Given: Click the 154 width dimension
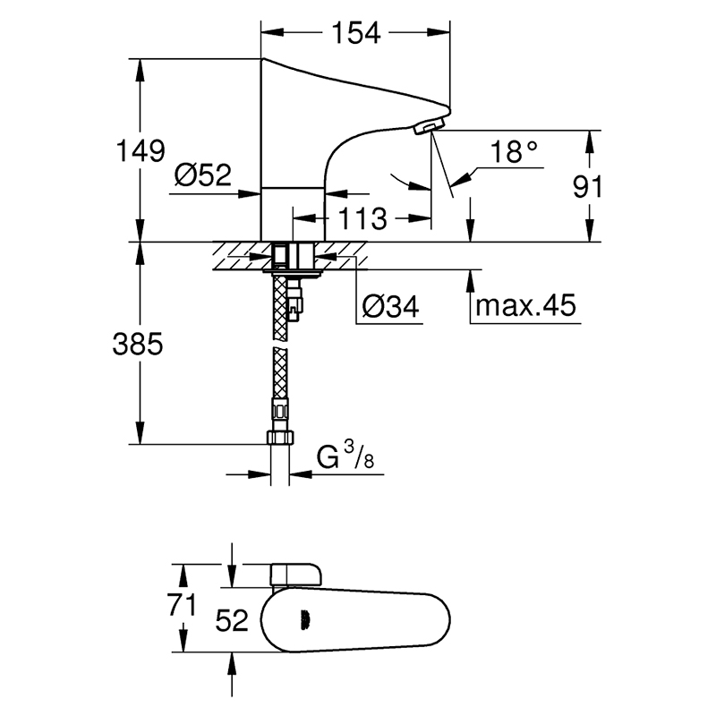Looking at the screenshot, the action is click(355, 33).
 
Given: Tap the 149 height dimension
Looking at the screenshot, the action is click(141, 150).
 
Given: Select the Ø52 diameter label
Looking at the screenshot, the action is click(203, 175).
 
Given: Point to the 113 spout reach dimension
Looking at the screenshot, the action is click(362, 218).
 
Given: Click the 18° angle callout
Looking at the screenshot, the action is click(514, 151).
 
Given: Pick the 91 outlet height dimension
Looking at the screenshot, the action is click(588, 186).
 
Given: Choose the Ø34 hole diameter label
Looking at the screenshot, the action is click(390, 306).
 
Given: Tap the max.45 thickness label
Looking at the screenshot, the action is click(525, 305).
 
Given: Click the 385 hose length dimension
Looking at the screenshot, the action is click(138, 344).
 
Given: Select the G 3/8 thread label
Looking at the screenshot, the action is click(345, 456).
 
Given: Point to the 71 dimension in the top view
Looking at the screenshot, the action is click(182, 605).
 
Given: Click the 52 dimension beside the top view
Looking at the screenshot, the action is click(232, 620).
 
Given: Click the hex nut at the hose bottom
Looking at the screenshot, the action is click(280, 437).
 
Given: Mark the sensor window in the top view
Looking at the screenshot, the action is click(305, 620).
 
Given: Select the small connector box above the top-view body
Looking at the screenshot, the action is click(296, 575).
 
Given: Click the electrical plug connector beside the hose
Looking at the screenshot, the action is click(295, 301).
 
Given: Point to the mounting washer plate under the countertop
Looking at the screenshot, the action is click(293, 273).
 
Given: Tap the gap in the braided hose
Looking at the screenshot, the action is click(280, 344).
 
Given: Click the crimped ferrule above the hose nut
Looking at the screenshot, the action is click(280, 409).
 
